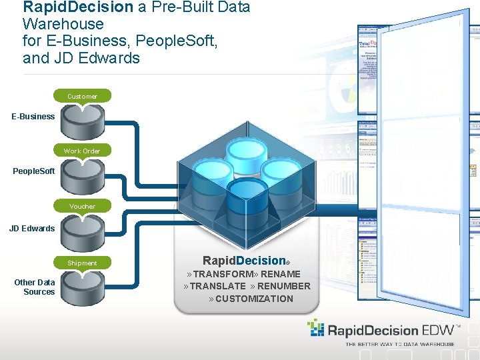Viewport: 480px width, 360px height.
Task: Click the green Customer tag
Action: point(82,96)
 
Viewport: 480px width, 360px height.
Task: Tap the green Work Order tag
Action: point(82,151)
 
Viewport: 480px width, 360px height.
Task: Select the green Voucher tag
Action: point(82,206)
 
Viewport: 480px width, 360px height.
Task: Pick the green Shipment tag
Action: point(82,263)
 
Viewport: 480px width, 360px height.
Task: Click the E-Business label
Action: point(33,116)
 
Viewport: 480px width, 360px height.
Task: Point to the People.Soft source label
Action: point(34,171)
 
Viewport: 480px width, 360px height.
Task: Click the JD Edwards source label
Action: point(32,228)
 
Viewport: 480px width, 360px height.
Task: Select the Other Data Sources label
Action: point(35,287)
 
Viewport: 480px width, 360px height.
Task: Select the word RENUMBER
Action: point(284,286)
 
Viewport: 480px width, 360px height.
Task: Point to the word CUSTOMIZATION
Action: point(254,299)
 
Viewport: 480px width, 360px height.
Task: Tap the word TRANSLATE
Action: point(218,286)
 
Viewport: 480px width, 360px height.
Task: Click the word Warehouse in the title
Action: point(63,24)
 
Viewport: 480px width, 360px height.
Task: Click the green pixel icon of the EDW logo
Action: point(315,328)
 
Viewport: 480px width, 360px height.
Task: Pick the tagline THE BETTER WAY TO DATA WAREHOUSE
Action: point(399,344)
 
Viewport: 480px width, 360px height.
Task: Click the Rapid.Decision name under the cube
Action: point(244,261)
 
